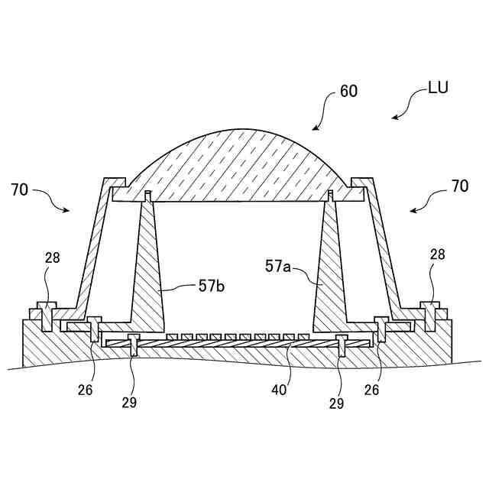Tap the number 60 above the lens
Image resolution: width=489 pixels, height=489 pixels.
click(348, 91)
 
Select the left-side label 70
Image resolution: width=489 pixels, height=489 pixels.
click(20, 189)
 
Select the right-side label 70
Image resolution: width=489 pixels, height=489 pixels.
click(460, 185)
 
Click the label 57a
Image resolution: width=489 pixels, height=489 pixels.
click(279, 266)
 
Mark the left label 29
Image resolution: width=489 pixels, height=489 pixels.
click(129, 402)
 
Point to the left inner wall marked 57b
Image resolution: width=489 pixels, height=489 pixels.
click(149, 275)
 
